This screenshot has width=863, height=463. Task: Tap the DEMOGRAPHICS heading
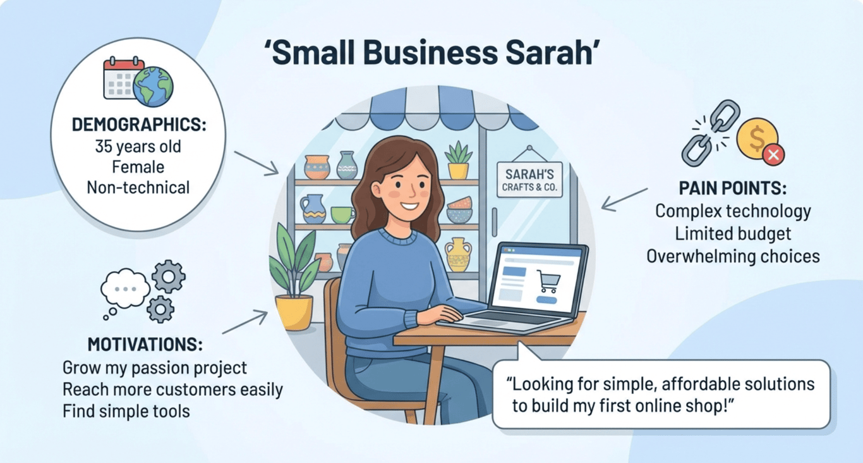(139, 125)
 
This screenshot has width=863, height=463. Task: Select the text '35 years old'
(138, 147)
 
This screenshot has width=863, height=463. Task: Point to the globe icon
(153, 86)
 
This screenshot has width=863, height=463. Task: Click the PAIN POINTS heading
(733, 188)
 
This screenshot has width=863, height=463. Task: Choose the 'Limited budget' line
(733, 233)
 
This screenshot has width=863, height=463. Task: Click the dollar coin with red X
(759, 140)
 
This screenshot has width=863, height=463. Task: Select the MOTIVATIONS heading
(145, 345)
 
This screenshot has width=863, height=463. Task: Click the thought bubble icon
(124, 290)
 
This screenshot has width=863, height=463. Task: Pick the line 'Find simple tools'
(126, 411)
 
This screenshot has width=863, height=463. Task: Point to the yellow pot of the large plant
(294, 312)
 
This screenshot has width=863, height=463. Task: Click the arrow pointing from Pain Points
(624, 199)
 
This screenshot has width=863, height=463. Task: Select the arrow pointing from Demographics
(256, 163)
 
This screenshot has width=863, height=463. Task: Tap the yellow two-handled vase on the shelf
(457, 254)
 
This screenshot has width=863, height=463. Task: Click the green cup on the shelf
(342, 214)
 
